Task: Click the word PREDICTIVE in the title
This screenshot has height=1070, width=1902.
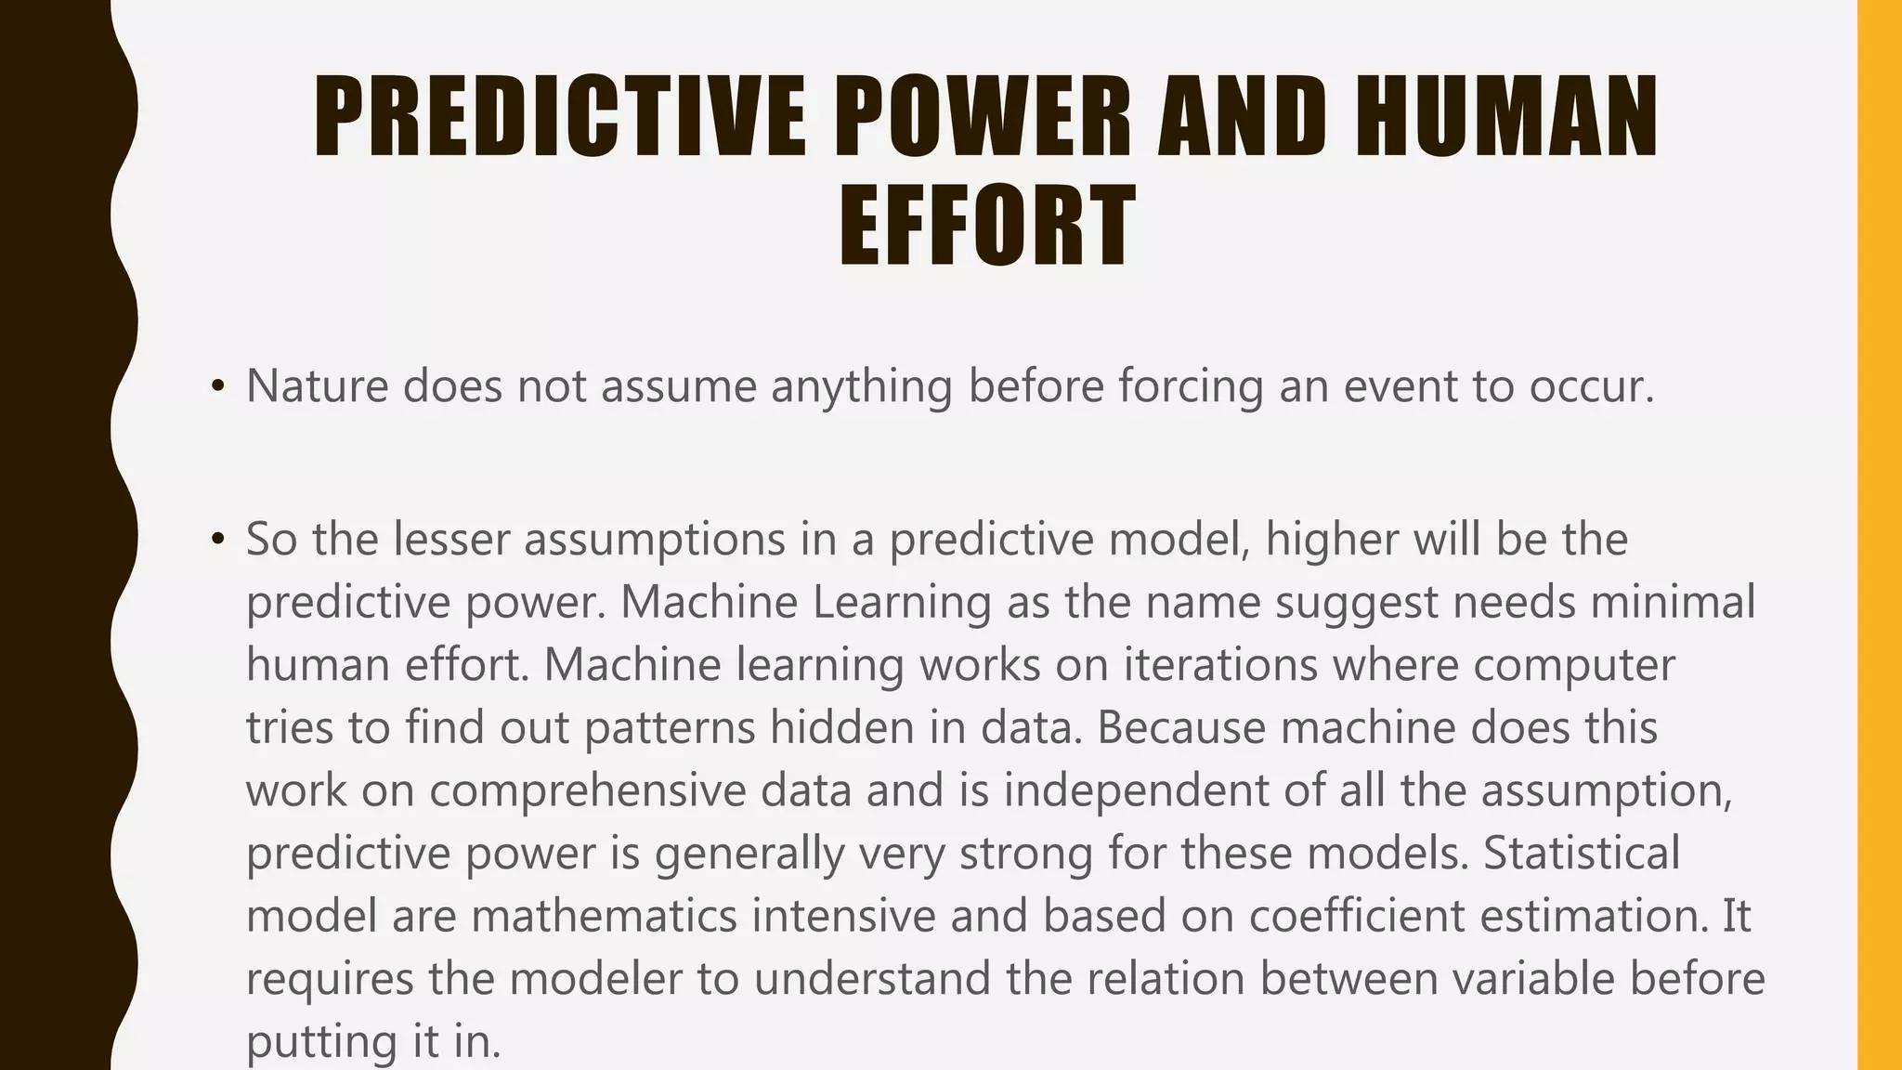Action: click(x=560, y=118)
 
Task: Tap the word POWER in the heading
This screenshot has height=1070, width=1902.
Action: click(x=983, y=118)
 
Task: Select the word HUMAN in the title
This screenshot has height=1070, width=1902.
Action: click(x=1506, y=118)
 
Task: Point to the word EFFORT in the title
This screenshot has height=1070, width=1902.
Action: click(x=987, y=227)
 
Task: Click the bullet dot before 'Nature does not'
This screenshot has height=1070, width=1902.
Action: click(x=217, y=386)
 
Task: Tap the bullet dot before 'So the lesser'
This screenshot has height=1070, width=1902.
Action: click(x=217, y=540)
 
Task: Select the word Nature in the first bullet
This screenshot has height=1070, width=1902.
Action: click(x=317, y=386)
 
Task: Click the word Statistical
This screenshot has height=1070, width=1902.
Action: click(x=1582, y=853)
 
